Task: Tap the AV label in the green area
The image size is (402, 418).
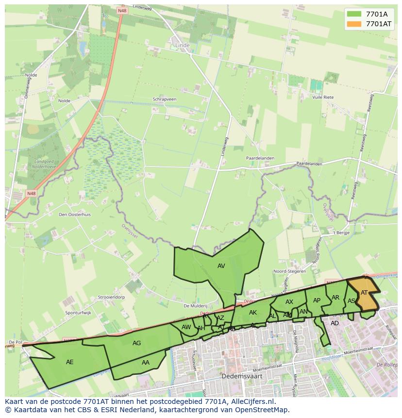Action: tap(221, 266)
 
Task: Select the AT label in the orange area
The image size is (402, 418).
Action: tap(364, 292)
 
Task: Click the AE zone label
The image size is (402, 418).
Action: tap(70, 362)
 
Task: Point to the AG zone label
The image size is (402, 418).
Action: tap(137, 343)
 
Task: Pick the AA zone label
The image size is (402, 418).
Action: tap(146, 362)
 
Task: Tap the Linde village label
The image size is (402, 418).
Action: tap(182, 45)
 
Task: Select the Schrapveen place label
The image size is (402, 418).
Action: tap(165, 99)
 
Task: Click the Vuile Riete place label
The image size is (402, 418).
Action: tap(323, 97)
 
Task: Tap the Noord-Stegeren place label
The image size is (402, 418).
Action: tap(290, 271)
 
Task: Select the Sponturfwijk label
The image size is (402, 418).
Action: tap(78, 313)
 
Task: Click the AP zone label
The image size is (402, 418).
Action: tap(317, 300)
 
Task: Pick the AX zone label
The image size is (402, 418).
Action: tap(289, 301)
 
